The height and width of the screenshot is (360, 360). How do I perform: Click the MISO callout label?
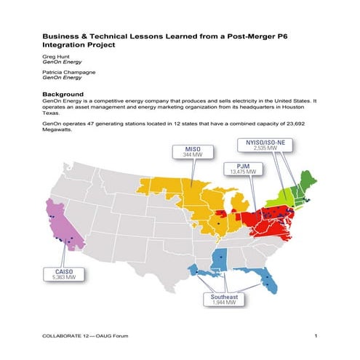tap(187, 151)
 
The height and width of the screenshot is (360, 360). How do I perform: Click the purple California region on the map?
tap(62, 225)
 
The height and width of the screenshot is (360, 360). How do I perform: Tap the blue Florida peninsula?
tap(270, 279)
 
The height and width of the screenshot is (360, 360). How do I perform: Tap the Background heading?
tap(65, 94)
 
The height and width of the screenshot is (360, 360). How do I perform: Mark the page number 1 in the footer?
tap(316, 335)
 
